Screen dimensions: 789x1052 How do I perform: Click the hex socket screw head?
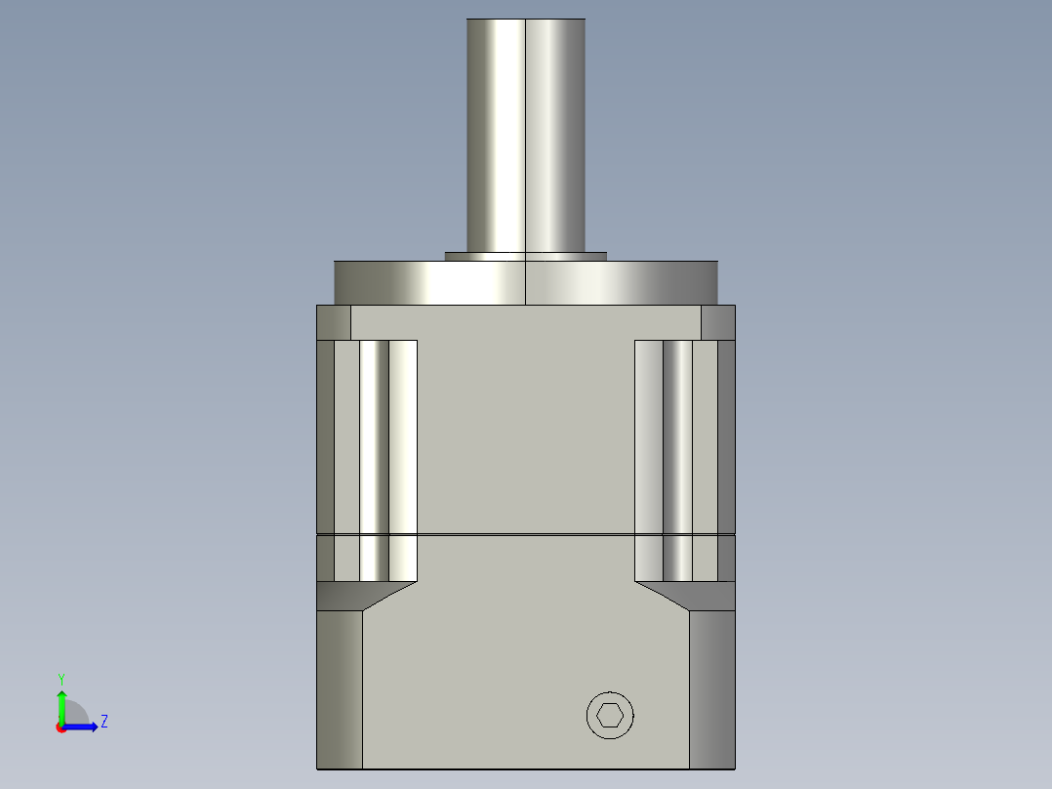610,716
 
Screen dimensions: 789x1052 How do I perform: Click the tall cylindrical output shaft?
525,137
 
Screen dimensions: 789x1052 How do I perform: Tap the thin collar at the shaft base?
525,256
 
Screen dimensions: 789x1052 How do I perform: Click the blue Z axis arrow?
82,727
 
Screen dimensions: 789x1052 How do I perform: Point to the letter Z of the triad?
103,722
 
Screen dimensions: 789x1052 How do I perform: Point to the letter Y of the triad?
61,678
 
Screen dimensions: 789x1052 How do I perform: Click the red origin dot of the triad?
61,727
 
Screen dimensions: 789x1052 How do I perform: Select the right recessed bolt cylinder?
677,459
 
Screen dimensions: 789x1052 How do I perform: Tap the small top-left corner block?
333,322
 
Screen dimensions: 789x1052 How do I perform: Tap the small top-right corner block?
717,322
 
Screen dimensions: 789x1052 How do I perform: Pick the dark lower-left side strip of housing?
340,688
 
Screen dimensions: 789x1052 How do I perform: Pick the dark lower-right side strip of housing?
711,688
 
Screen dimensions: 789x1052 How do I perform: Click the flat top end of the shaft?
525,20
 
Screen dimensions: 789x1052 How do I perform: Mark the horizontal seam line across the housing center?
525,534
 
